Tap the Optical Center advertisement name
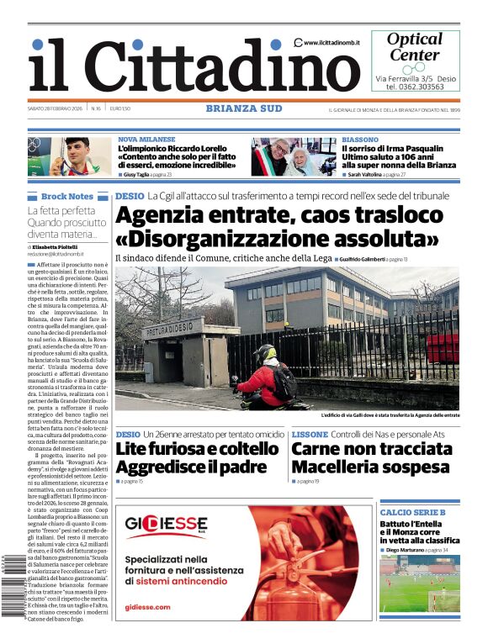coord(414,47)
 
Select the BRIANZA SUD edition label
coord(244,108)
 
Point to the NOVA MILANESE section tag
coord(146,140)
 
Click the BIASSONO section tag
coord(360,140)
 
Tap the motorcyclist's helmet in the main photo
coord(267,353)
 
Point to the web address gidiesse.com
coord(147,606)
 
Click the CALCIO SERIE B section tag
coord(412,512)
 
